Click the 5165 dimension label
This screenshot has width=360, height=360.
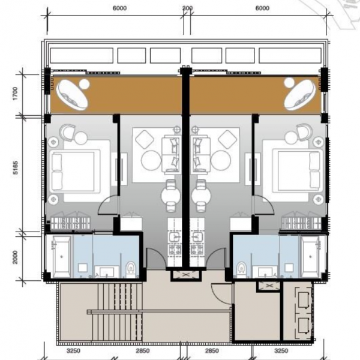[x=16, y=168]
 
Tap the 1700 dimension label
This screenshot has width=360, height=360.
[x=15, y=93]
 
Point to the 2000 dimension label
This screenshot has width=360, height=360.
[x=15, y=257]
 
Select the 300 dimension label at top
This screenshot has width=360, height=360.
[x=187, y=8]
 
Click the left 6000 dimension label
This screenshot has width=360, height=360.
[x=119, y=8]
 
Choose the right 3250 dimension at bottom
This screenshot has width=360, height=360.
[x=281, y=350]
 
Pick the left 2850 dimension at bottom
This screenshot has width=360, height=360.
[x=143, y=350]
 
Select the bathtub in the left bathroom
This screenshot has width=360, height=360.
[x=61, y=257]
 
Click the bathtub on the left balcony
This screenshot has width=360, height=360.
[x=73, y=94]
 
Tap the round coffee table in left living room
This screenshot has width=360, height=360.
[x=151, y=160]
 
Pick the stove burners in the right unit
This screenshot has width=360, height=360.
[x=197, y=250]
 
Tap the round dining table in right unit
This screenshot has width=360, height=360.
[x=201, y=196]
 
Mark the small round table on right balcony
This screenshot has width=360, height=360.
[x=289, y=83]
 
